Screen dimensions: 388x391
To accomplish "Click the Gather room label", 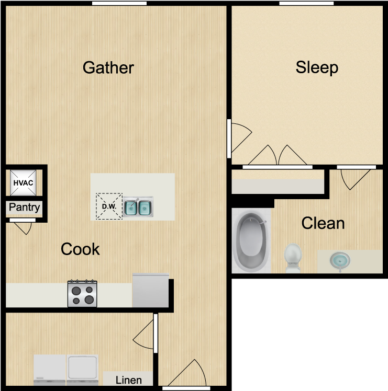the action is click(108, 67).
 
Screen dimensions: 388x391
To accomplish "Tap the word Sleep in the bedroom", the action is click(317, 67).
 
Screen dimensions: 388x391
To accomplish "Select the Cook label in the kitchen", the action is click(80, 249).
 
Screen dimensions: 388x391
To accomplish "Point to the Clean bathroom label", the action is click(323, 223).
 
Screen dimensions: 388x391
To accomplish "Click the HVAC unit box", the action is click(23, 183).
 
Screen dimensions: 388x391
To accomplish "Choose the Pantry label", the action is click(24, 207).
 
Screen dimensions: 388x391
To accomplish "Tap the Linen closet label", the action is click(129, 380).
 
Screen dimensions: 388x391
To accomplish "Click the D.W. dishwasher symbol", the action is click(109, 206).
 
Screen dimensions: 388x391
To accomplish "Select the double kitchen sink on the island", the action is click(138, 206).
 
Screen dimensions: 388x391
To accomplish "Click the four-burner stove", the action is click(82, 293).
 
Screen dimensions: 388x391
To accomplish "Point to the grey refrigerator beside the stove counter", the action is click(151, 290).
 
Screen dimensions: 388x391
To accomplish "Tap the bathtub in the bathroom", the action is click(251, 240).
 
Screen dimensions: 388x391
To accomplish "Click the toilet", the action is click(293, 258).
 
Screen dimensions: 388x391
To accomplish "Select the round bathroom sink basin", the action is click(340, 261).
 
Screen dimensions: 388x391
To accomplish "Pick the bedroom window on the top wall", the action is click(306, 3).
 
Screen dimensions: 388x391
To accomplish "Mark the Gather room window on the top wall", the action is click(119, 3).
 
